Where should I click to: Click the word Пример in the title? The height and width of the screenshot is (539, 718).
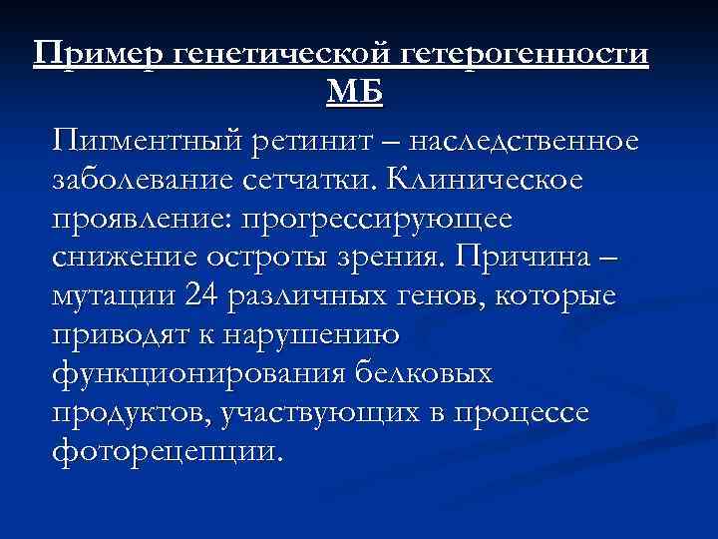[98, 56]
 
